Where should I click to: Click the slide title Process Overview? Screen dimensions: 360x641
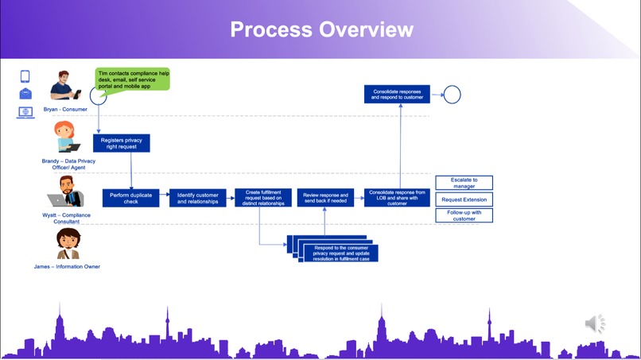[x=321, y=30]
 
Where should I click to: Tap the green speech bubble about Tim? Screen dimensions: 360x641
[x=133, y=79]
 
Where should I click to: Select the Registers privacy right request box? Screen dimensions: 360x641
[x=122, y=143]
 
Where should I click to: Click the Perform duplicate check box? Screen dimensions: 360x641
[x=131, y=198]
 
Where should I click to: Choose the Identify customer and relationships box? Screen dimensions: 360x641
[x=197, y=198]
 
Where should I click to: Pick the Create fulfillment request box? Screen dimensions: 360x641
[x=262, y=198]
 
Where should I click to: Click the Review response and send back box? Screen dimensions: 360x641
[x=326, y=198]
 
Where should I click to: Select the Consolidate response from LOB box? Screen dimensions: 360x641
[x=397, y=198]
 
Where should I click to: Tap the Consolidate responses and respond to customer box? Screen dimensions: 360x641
[x=397, y=95]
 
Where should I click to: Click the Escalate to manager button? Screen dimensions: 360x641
[x=464, y=184]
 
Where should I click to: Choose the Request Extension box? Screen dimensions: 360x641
[x=464, y=199]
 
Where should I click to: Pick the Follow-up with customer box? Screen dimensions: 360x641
[x=464, y=215]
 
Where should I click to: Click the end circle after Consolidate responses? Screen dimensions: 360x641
[x=452, y=95]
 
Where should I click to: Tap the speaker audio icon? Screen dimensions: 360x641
[x=595, y=323]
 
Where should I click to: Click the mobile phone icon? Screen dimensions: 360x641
[x=25, y=76]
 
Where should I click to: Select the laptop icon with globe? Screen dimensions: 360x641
[x=25, y=113]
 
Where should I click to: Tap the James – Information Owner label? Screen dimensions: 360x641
[x=67, y=266]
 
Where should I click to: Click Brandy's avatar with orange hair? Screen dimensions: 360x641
[x=64, y=136]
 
